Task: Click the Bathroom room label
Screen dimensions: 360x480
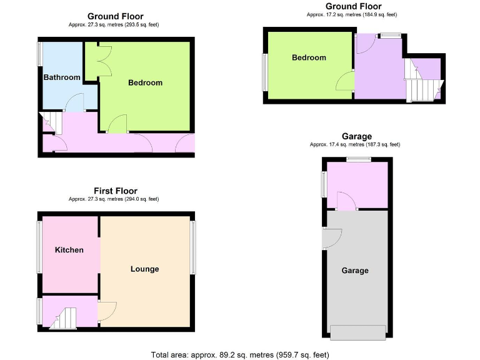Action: coord(61,77)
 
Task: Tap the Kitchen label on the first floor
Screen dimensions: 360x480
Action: coord(69,250)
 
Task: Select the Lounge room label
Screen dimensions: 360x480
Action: coord(144,269)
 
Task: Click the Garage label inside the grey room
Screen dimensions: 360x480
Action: coord(354,271)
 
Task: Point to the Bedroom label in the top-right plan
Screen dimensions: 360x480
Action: coord(309,57)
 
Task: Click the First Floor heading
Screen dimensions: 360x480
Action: coord(115,191)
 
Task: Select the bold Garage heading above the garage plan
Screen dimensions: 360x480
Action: coord(356,136)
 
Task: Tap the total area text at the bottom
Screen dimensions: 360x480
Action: coord(239,354)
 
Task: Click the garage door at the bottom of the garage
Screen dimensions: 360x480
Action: coord(357,332)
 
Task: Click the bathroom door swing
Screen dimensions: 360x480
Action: coord(75,101)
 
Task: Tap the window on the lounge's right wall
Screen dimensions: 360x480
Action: coord(192,248)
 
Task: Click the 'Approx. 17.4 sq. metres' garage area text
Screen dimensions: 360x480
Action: coord(354,144)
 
